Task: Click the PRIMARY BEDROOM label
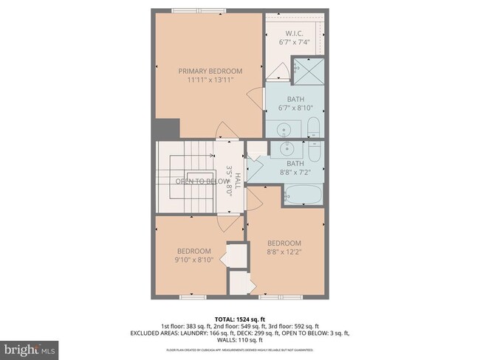coord(210,71)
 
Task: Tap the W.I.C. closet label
coord(295,32)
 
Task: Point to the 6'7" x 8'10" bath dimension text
coord(295,108)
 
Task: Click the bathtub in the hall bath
coord(303,195)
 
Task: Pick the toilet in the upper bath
coord(312,128)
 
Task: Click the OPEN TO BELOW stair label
coord(202,181)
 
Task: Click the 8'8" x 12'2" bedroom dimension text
coord(284,252)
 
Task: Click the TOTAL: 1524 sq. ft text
coord(239,319)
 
